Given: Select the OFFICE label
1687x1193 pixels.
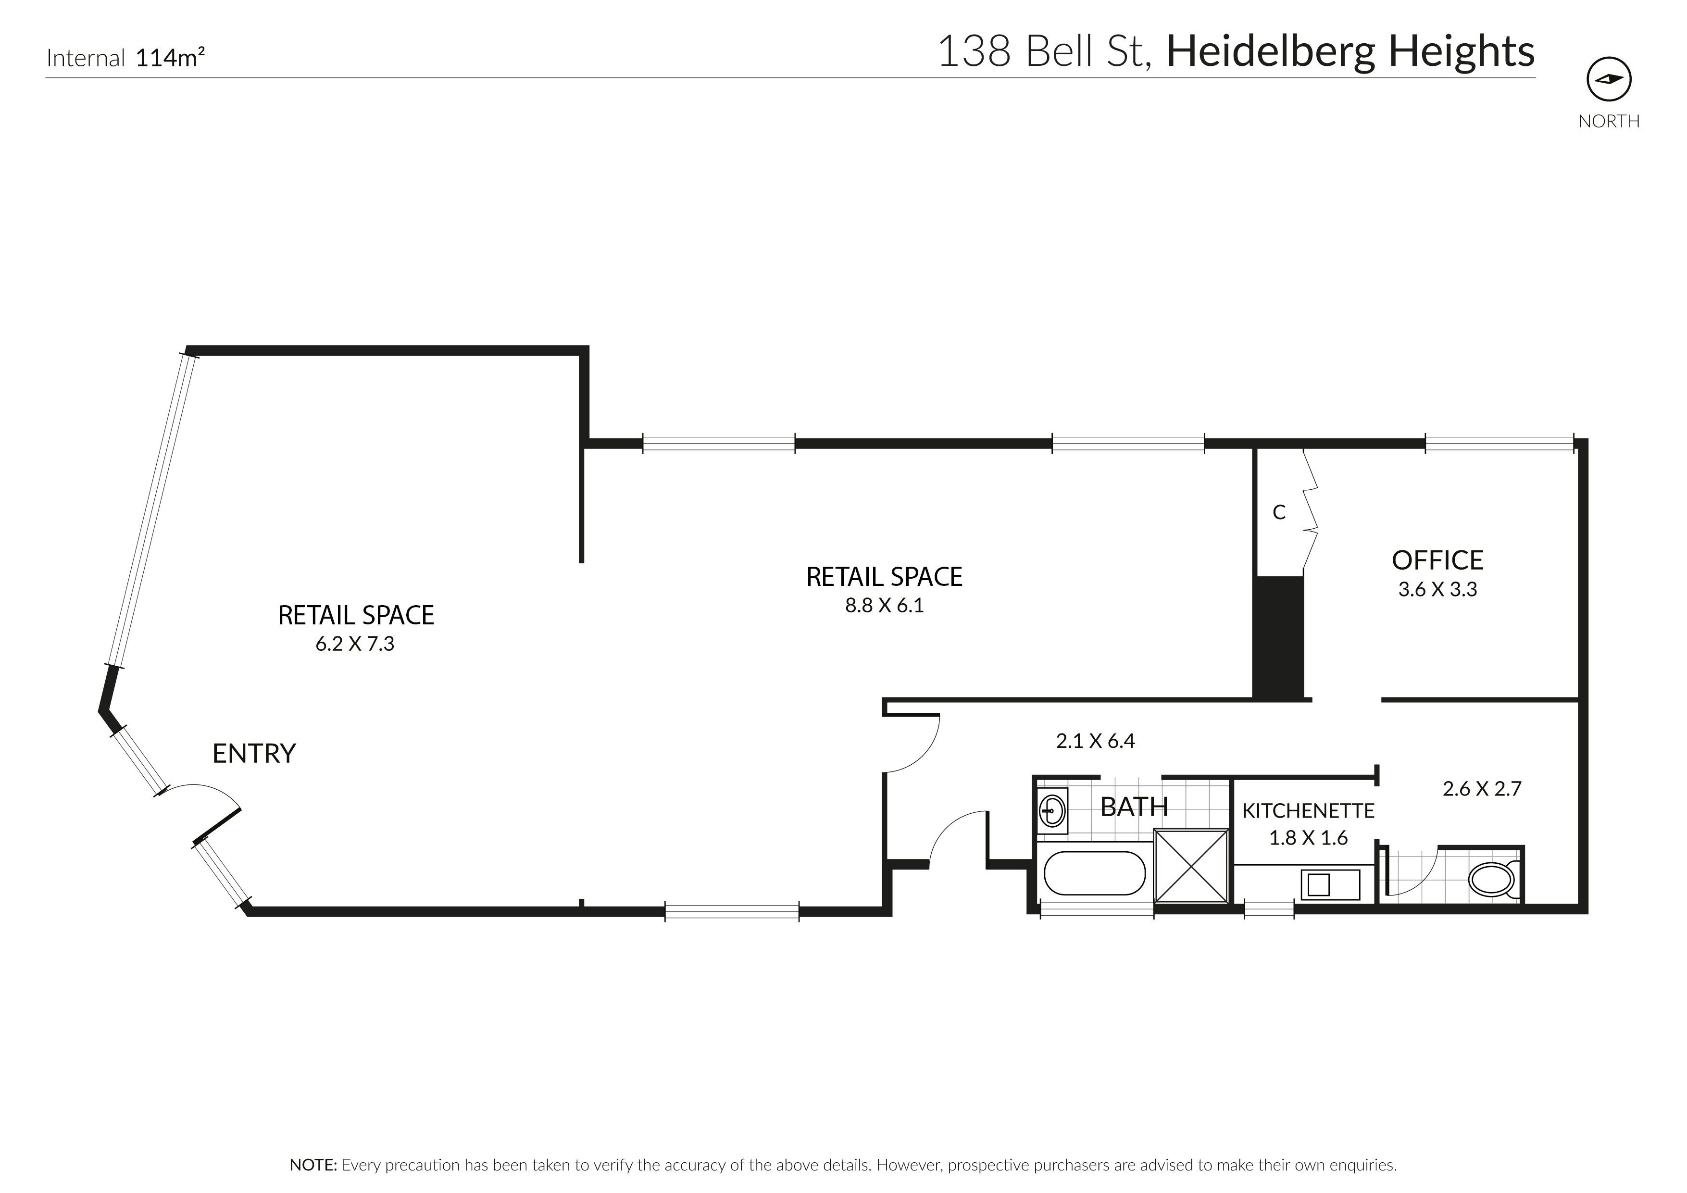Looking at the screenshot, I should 1437,560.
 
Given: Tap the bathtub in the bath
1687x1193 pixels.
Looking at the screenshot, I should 1094,873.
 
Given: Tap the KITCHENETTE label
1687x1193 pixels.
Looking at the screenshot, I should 1308,811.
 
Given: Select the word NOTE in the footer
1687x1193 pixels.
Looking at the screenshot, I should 312,1165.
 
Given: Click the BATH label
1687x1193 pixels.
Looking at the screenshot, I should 1133,807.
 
